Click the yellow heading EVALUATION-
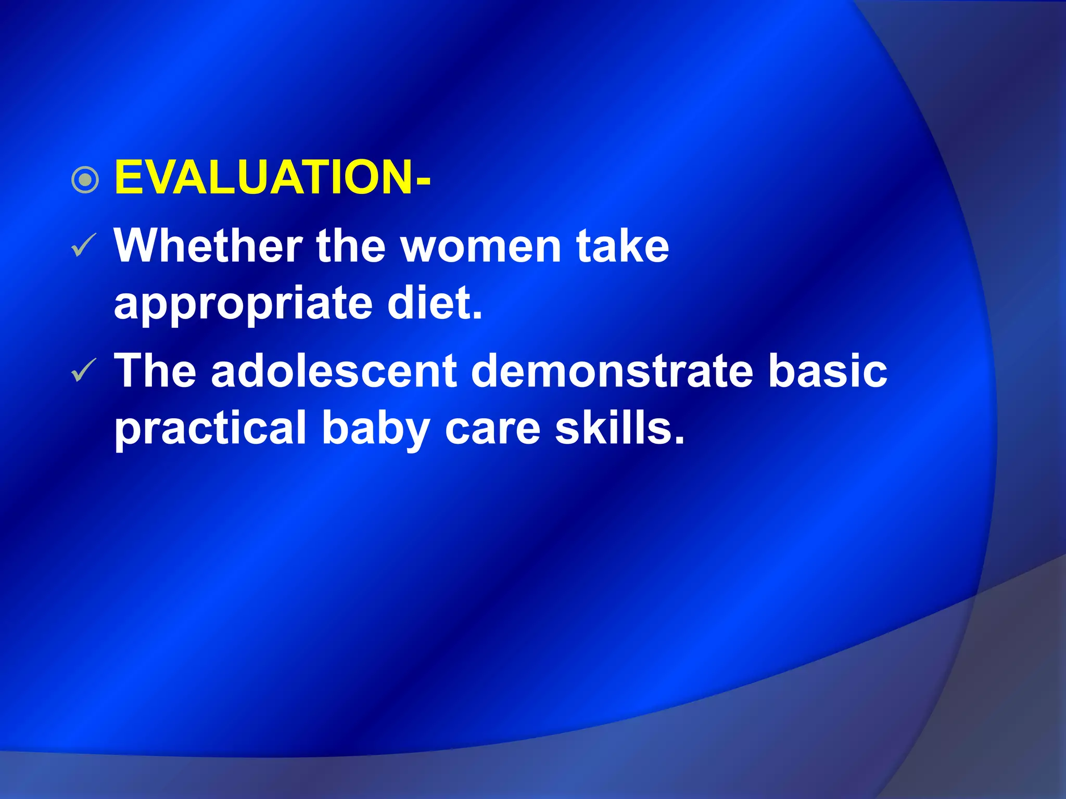tap(272, 178)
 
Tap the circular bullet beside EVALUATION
tap(85, 180)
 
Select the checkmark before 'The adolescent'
tap(83, 370)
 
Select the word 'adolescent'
tap(334, 371)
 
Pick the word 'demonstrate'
tap(612, 371)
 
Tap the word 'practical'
tap(210, 429)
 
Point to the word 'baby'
tap(376, 429)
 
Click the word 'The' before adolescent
tap(155, 371)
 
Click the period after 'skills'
tap(678, 441)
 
